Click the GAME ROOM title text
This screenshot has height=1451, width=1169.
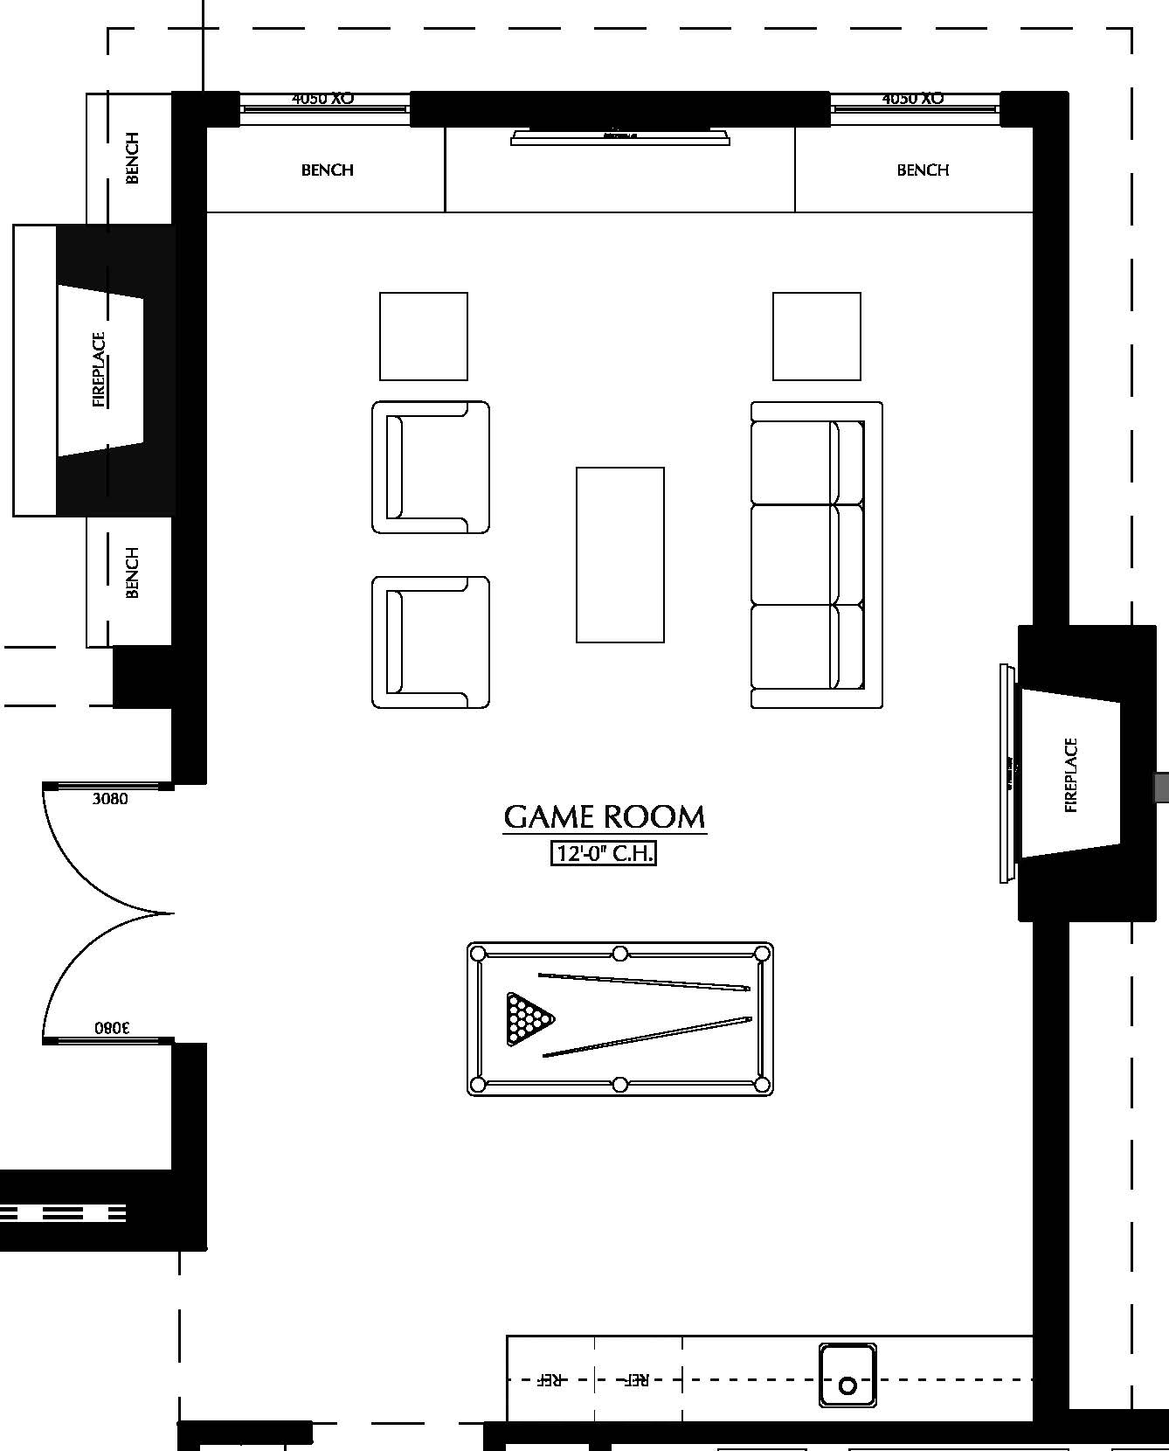(x=605, y=816)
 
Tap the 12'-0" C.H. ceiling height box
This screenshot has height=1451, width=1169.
(x=603, y=853)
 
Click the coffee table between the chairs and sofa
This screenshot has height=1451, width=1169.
(x=620, y=555)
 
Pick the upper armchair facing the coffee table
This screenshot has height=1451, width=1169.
(x=430, y=468)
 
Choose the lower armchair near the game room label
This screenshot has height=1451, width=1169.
(x=430, y=642)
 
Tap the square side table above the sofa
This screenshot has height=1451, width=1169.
(x=816, y=337)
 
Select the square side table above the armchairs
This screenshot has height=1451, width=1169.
(x=424, y=337)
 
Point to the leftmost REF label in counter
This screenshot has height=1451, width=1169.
(x=549, y=1380)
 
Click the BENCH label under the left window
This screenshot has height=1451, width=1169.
(x=328, y=170)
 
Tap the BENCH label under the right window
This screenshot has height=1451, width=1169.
(x=923, y=170)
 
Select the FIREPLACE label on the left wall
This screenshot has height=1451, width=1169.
(x=99, y=369)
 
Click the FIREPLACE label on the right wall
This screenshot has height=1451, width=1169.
(x=1071, y=775)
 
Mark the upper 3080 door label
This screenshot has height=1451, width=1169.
(x=110, y=799)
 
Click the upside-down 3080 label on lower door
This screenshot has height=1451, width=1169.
(x=112, y=1028)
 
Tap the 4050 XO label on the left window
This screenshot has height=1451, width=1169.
(x=322, y=99)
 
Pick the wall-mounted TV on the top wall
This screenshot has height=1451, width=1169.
(x=620, y=136)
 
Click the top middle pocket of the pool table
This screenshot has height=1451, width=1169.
(x=619, y=953)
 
